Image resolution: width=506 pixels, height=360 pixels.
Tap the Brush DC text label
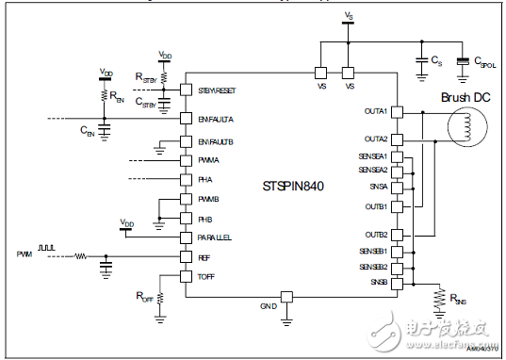point(466,96)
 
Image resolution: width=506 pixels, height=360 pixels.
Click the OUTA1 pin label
point(376,111)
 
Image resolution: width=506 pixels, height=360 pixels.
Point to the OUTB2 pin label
point(376,235)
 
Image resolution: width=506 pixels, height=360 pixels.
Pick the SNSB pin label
point(379,282)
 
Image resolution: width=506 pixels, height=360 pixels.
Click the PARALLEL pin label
point(216,237)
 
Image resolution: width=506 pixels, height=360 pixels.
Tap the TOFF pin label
point(207,276)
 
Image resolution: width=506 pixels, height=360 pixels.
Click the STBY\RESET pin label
point(220,90)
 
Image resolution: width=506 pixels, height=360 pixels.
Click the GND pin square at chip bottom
point(288,297)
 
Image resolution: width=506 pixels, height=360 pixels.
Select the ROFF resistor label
point(146,298)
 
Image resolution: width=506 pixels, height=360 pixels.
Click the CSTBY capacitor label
point(147,101)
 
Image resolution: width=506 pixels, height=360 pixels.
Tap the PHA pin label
point(205,180)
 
